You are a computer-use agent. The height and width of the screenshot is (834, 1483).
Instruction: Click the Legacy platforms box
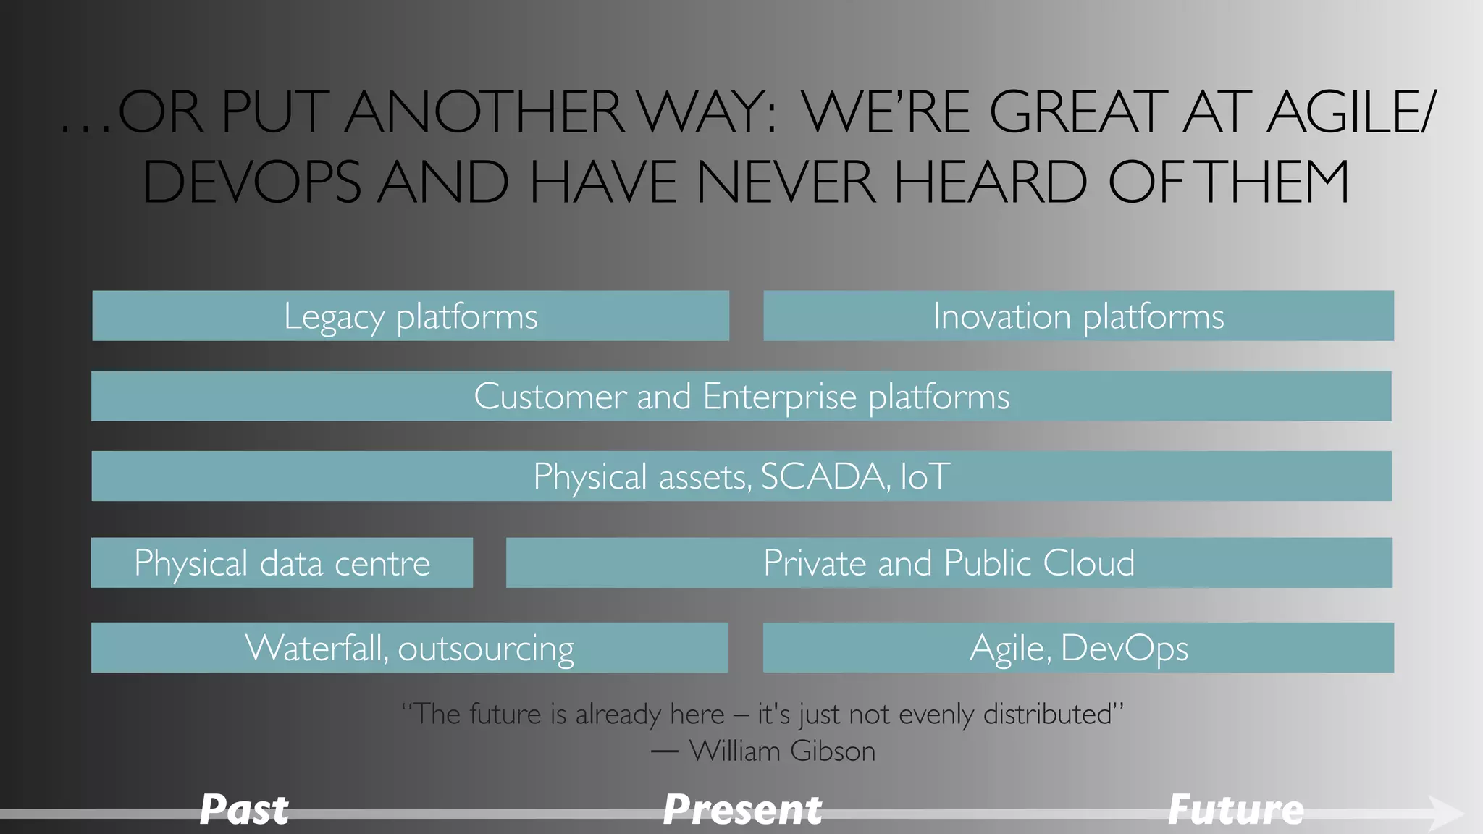pyautogui.click(x=411, y=316)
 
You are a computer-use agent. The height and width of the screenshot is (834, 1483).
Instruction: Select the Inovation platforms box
pyautogui.click(x=1078, y=316)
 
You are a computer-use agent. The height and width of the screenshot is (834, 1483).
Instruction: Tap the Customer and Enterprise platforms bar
pyautogui.click(x=741, y=396)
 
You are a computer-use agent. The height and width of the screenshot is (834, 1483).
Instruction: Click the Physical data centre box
pyautogui.click(x=282, y=563)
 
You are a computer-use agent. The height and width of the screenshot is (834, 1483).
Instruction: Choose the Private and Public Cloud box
pyautogui.click(x=949, y=563)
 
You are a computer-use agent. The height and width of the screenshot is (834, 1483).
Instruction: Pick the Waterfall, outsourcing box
pyautogui.click(x=409, y=647)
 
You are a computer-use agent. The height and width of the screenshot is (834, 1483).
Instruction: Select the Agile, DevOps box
pyautogui.click(x=1078, y=647)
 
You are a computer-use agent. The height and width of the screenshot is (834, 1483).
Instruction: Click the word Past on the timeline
pyautogui.click(x=244, y=809)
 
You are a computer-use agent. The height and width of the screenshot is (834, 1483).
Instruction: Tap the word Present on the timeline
pyautogui.click(x=742, y=809)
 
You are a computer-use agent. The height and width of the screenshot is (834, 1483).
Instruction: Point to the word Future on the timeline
pyautogui.click(x=1236, y=809)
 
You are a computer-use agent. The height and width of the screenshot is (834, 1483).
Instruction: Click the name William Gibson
pyautogui.click(x=782, y=751)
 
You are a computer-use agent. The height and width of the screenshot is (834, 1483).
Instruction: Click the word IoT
pyautogui.click(x=925, y=476)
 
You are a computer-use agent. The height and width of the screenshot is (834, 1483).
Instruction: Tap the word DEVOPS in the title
pyautogui.click(x=251, y=182)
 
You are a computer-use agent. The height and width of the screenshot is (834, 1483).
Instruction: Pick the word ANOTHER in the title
pyautogui.click(x=485, y=112)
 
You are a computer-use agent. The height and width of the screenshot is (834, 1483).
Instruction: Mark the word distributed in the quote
pyautogui.click(x=1046, y=714)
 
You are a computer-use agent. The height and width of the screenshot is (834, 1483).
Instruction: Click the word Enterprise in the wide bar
pyautogui.click(x=779, y=396)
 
